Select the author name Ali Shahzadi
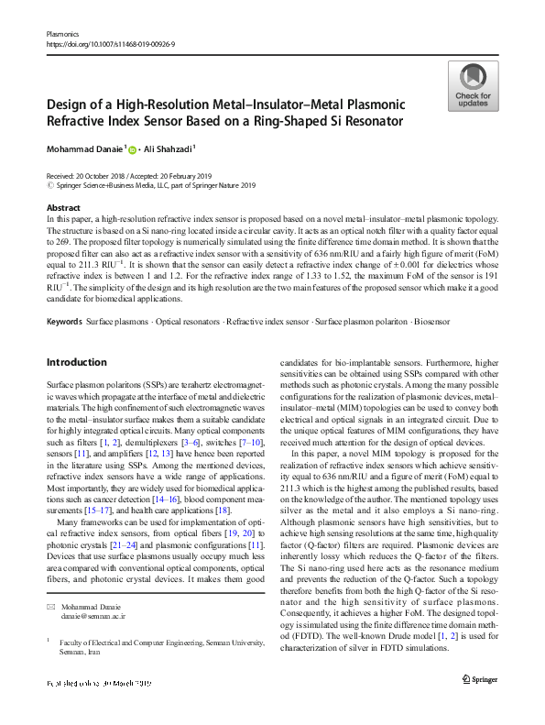168,149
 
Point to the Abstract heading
62,208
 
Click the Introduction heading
77,362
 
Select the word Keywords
64,323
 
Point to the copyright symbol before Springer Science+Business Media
49,183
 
